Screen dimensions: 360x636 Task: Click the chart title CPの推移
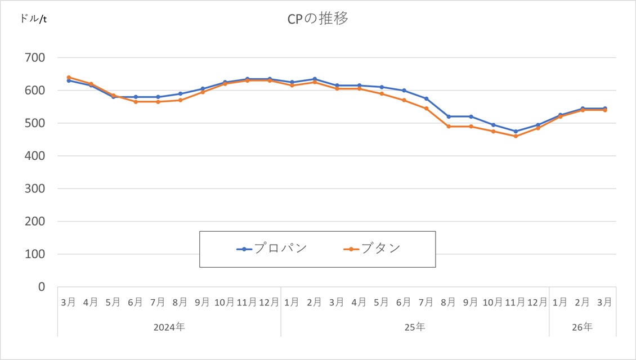coord(317,19)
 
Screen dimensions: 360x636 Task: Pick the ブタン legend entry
coord(381,249)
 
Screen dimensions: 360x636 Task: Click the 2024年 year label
coord(169,326)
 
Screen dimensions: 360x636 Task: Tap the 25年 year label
coord(415,326)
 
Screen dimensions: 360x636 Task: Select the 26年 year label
coord(583,326)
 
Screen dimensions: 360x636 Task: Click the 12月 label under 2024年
coord(269,302)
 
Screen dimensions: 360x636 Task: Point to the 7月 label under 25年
coord(426,302)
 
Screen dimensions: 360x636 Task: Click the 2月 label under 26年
coord(583,302)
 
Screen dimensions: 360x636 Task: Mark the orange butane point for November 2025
coord(516,136)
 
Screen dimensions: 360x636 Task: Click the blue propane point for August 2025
coord(449,116)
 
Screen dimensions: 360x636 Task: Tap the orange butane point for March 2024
coord(69,77)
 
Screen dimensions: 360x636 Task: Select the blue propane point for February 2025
coord(315,79)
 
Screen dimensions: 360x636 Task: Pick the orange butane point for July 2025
coord(426,109)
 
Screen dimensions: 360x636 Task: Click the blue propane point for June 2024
coord(136,97)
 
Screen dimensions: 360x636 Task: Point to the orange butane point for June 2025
coord(404,100)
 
